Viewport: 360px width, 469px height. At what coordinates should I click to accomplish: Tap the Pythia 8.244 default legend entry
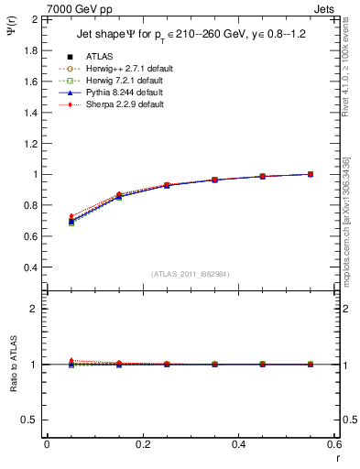[121, 93]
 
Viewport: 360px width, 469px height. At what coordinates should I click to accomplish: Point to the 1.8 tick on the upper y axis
[30, 50]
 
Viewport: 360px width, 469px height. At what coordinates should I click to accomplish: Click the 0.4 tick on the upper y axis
[30, 267]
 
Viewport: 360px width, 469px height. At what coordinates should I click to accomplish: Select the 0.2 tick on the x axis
[142, 444]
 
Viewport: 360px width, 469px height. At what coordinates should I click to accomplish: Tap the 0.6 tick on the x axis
[333, 444]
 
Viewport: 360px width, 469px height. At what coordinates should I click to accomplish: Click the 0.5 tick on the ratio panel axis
[30, 420]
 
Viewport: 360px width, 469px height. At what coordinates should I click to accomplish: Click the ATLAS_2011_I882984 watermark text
[191, 274]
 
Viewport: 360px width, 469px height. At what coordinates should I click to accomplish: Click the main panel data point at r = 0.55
[310, 174]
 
